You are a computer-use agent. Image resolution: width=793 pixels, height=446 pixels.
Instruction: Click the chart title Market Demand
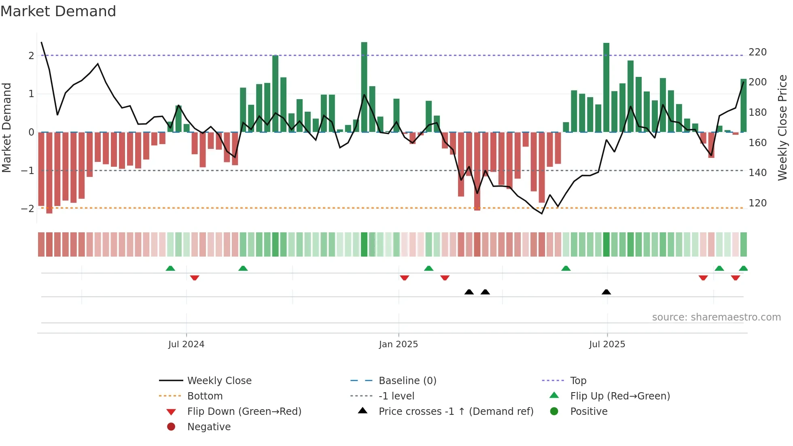(58, 11)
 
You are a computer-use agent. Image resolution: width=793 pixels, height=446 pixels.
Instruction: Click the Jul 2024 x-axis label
(186, 344)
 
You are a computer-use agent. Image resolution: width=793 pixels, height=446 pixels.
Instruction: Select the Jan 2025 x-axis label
(398, 344)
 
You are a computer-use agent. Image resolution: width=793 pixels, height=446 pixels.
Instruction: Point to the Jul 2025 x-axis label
(607, 344)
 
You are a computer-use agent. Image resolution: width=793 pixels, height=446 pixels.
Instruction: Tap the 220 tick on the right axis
(757, 52)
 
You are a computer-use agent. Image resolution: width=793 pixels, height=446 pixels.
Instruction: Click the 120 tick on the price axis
(757, 203)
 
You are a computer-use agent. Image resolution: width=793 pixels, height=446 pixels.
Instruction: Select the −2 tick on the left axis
(28, 209)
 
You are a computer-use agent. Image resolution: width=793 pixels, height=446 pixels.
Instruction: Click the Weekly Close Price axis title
(782, 127)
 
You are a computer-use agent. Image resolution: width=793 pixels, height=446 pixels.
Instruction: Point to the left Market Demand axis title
(6, 127)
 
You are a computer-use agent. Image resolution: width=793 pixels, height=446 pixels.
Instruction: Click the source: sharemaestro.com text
(716, 317)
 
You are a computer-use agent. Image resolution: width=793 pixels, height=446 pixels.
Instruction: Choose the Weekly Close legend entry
(219, 381)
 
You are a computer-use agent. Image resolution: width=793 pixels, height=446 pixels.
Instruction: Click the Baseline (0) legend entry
(407, 381)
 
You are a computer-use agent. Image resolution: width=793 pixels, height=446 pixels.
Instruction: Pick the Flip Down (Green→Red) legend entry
(244, 412)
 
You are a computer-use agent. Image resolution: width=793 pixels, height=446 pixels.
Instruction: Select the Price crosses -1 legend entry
(456, 412)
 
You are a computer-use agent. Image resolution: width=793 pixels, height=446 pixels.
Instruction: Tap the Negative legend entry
(209, 427)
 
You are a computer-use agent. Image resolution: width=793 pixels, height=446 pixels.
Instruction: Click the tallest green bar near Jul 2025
(606, 87)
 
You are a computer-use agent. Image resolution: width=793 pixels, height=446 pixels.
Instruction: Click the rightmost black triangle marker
(606, 292)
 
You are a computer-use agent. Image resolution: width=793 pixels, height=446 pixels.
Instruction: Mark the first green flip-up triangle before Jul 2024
(170, 268)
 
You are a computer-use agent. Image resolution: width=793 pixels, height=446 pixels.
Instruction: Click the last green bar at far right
(743, 105)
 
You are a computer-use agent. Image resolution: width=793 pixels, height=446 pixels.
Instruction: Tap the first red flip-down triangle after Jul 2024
(195, 278)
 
